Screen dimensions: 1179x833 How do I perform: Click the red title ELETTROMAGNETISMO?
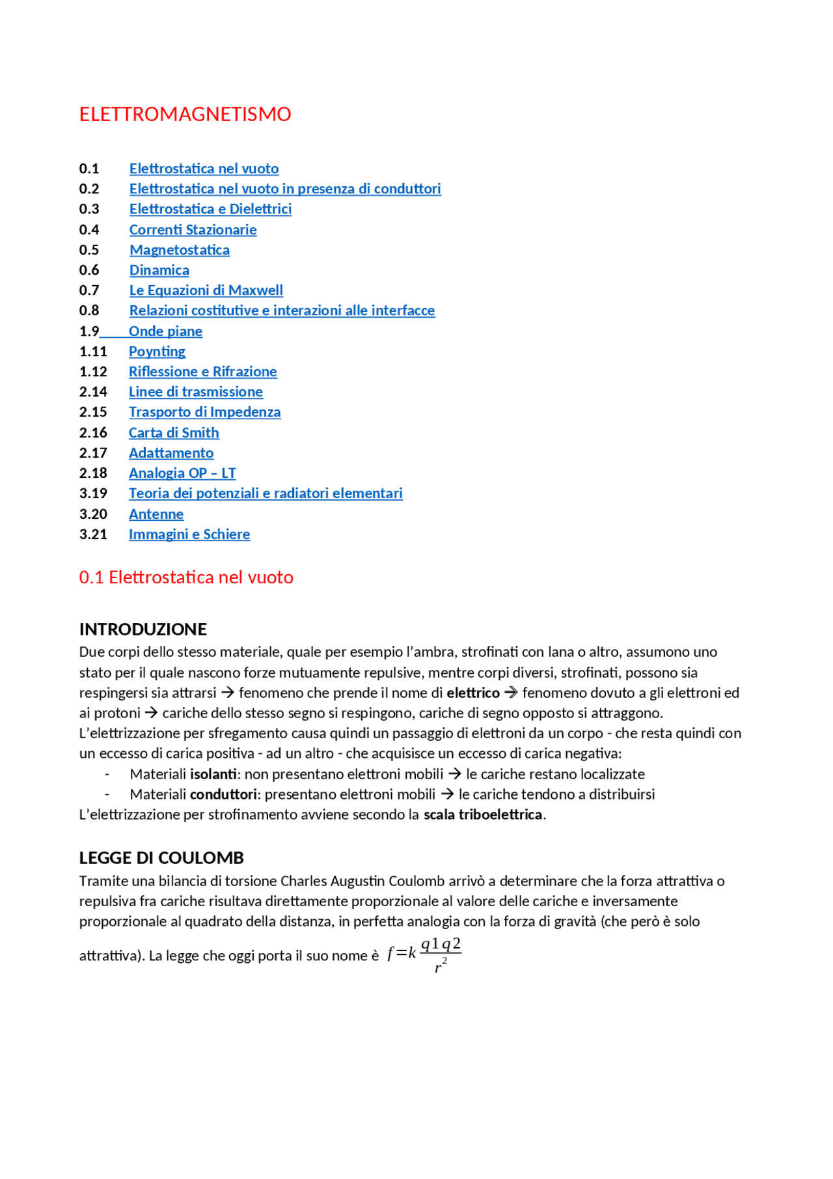click(185, 114)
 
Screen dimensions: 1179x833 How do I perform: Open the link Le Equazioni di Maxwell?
click(206, 290)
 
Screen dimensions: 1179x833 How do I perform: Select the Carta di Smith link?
click(174, 433)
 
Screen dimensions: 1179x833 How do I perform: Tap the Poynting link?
click(157, 352)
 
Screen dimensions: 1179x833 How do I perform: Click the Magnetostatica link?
click(179, 250)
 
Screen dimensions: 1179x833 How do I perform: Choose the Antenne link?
click(156, 514)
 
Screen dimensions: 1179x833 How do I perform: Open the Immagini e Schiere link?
click(189, 534)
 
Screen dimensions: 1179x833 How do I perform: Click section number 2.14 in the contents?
click(93, 392)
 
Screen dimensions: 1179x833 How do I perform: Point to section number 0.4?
click(89, 230)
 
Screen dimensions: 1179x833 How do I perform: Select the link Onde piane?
click(165, 331)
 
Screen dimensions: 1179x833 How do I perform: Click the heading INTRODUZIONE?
click(143, 630)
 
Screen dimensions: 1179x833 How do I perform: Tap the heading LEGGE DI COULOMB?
click(161, 858)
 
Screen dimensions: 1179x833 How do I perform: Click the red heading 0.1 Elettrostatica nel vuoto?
click(186, 577)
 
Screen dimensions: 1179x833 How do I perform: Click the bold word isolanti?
click(213, 774)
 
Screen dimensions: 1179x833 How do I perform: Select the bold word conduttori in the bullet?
click(223, 794)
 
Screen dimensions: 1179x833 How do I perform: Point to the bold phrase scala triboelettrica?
click(483, 814)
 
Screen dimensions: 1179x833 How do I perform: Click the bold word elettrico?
click(473, 693)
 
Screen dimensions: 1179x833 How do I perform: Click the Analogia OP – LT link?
click(182, 473)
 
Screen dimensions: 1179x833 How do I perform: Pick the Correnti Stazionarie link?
click(193, 230)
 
